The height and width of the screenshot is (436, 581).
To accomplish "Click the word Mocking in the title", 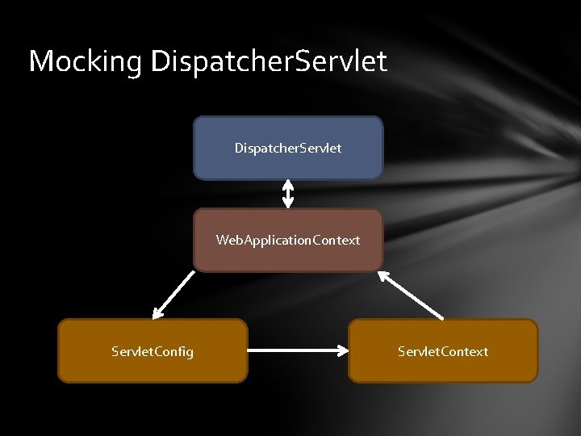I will tap(86, 61).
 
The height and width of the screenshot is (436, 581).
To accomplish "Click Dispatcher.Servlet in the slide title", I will tap(269, 61).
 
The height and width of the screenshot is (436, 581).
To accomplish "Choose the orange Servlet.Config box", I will tap(153, 367).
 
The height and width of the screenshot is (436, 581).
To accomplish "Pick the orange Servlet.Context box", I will tap(443, 367).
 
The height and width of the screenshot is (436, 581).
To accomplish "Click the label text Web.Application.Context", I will tap(288, 240).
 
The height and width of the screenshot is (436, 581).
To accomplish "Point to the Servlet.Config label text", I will tap(153, 351).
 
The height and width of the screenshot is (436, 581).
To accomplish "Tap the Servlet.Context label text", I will tap(443, 351).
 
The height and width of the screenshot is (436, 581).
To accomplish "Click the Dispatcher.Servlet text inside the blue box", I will tap(288, 148).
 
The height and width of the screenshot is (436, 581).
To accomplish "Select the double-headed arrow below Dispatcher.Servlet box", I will tap(288, 194).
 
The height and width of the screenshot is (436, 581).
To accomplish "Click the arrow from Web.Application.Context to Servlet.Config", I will tap(174, 292).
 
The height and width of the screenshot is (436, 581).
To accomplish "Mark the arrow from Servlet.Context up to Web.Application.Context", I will tap(412, 294).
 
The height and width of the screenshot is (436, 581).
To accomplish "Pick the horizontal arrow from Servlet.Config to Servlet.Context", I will tap(297, 351).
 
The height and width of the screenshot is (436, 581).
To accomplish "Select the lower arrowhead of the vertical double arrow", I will tap(288, 203).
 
